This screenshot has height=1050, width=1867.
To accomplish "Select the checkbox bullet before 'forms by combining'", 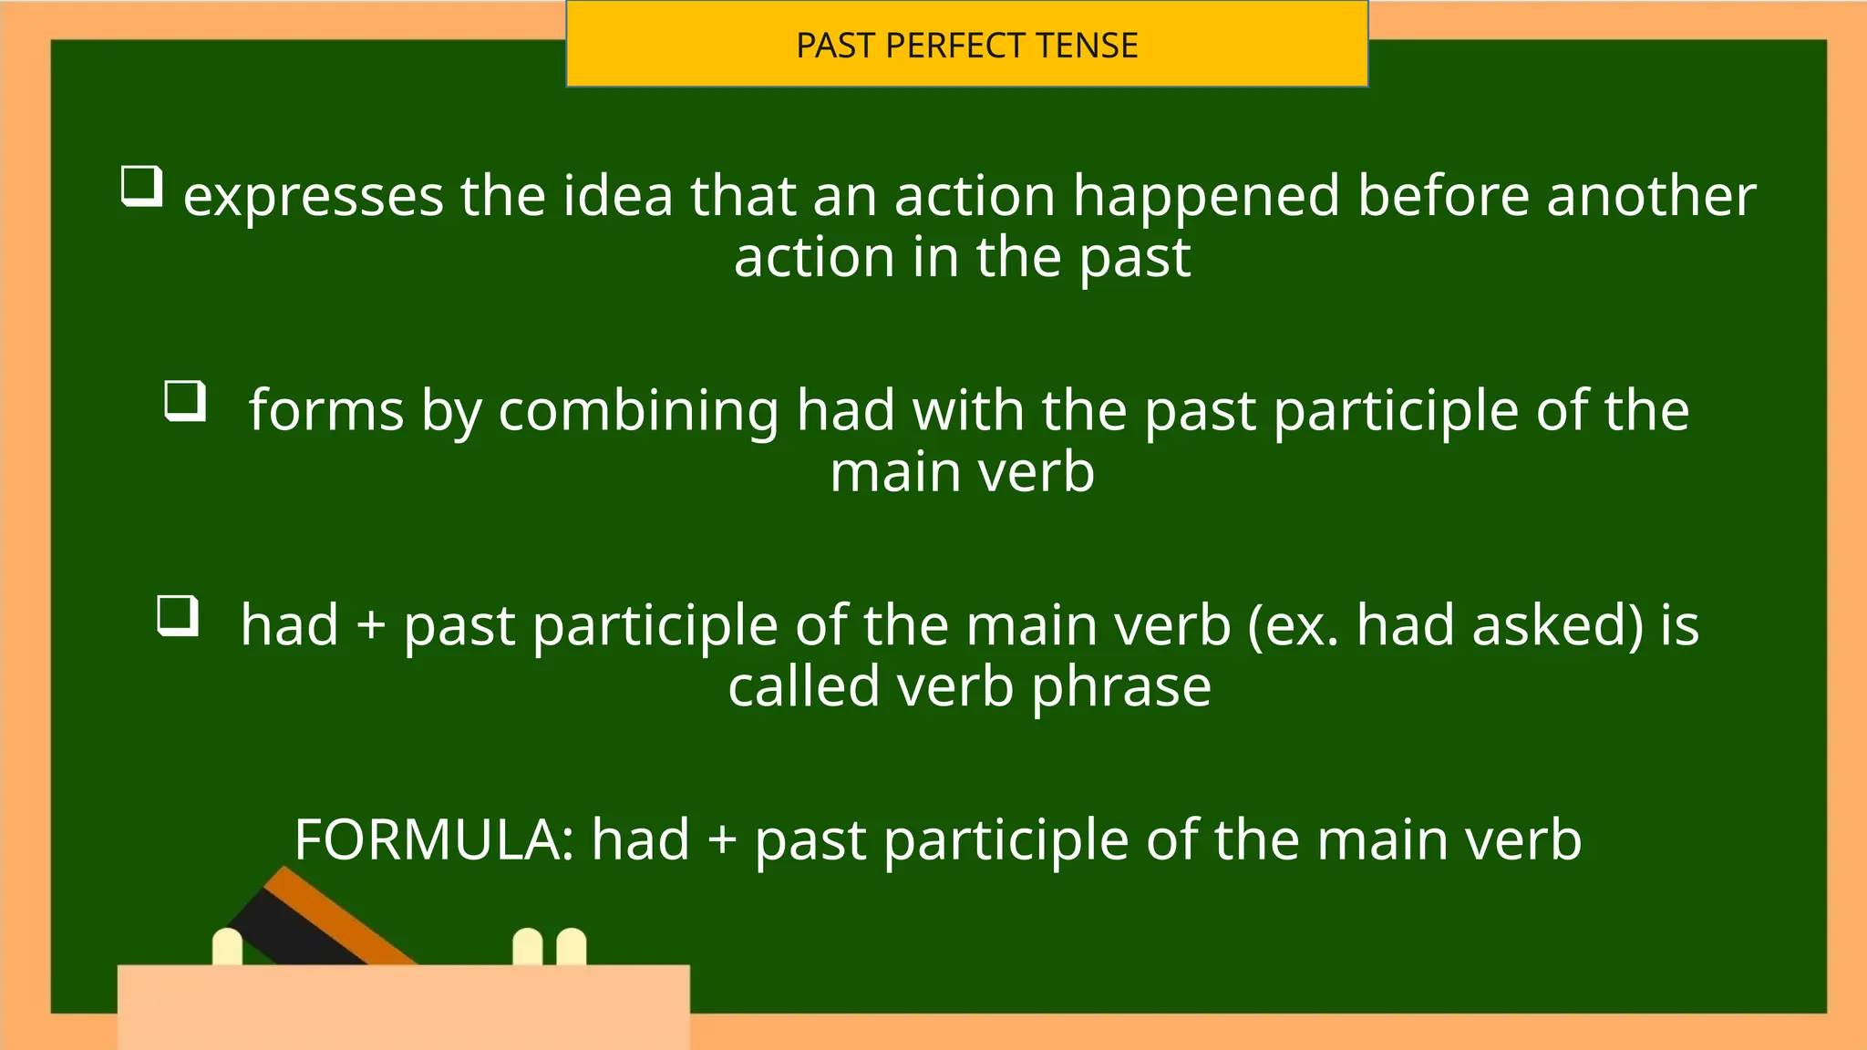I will [x=185, y=401].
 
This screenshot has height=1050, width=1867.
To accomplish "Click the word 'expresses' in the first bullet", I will [x=314, y=197].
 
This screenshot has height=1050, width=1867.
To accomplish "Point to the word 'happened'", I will [x=1206, y=197].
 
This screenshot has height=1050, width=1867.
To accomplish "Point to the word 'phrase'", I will [x=1121, y=686].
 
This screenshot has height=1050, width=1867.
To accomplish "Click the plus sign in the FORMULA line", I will [x=722, y=839].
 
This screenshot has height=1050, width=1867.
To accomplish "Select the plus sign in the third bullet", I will [x=371, y=626].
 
